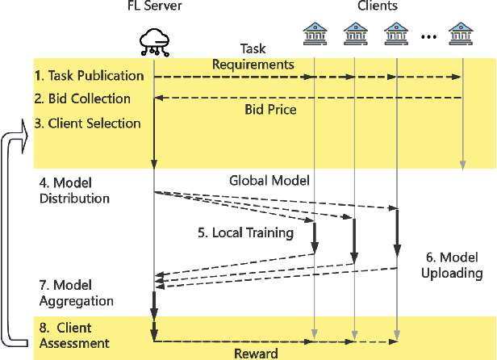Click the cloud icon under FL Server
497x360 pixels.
153,41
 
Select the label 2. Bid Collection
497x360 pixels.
82,98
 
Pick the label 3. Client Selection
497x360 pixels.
87,123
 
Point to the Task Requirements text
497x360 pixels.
253,57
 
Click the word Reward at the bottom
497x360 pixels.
257,354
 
